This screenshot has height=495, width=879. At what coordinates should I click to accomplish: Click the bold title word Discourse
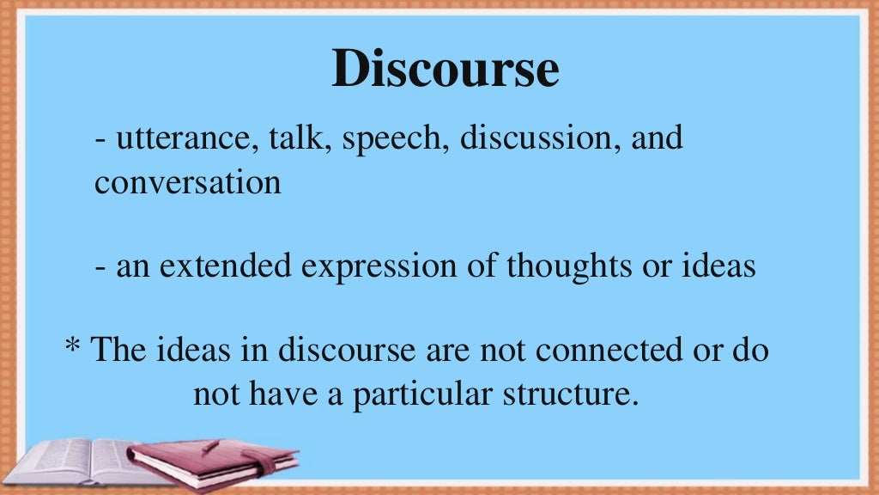coord(446,70)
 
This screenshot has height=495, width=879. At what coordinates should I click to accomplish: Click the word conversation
coord(188,182)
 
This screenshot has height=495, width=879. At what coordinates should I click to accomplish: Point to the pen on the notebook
coord(211,446)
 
